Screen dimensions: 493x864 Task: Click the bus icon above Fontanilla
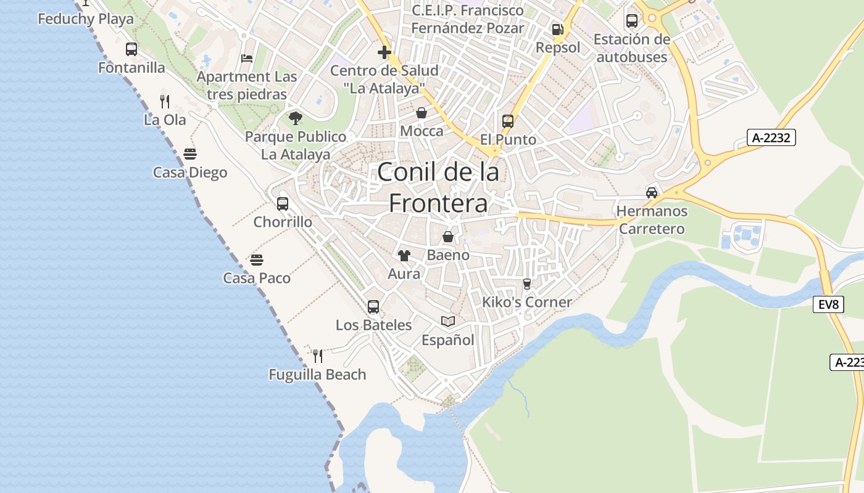(131, 49)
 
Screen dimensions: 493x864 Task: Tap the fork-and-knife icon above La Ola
(165, 102)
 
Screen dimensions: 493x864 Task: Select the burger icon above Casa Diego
(190, 154)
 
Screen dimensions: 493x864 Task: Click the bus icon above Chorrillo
(283, 203)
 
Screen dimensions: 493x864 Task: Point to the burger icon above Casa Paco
(257, 260)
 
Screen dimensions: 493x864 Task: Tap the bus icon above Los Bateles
(373, 306)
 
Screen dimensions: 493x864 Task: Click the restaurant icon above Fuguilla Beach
(318, 356)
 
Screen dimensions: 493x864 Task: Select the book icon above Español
(448, 322)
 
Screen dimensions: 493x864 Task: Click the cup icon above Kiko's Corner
(526, 283)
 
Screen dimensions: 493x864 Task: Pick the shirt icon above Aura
(404, 256)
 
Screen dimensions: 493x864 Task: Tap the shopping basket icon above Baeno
(448, 237)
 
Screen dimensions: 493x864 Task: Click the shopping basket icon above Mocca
(422, 113)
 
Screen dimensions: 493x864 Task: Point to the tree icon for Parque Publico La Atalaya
(296, 118)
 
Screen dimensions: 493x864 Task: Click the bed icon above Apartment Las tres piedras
(247, 59)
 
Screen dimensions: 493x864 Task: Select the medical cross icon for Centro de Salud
(384, 52)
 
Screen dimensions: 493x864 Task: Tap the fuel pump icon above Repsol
(557, 29)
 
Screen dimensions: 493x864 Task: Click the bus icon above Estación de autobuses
(632, 21)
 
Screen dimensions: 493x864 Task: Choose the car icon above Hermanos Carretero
(652, 193)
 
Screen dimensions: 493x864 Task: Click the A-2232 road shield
(771, 137)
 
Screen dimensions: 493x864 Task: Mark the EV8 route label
(828, 304)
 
